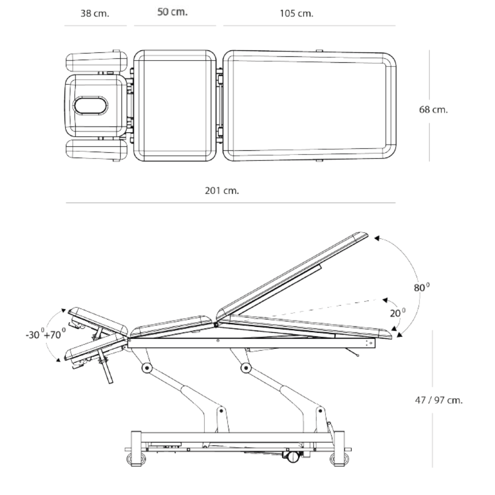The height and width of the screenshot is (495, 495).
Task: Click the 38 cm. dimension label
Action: [x=95, y=14]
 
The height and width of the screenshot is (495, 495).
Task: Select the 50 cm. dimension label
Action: [x=172, y=12]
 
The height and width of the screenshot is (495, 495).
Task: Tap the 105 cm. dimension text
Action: [x=297, y=14]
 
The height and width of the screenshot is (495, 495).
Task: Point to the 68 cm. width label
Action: [x=433, y=110]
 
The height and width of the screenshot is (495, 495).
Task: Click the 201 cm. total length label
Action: [x=222, y=191]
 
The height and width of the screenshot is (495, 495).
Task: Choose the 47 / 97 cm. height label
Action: [x=439, y=400]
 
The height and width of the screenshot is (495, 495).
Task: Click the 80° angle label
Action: [x=422, y=287]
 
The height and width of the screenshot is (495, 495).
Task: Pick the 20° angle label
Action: [x=398, y=313]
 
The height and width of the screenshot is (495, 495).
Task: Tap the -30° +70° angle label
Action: [x=46, y=334]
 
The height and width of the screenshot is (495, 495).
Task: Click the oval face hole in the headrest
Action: [x=91, y=105]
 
